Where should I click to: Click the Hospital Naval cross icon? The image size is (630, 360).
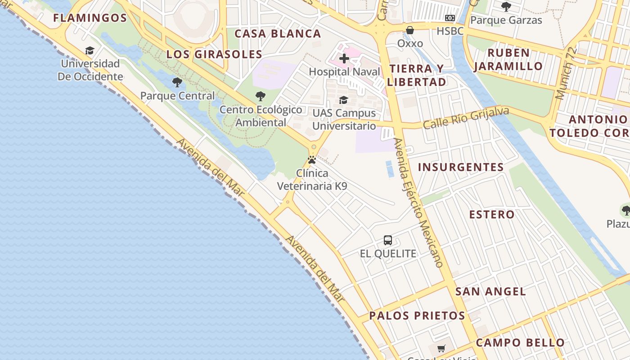[344, 58]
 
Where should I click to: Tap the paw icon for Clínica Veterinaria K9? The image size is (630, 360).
[312, 160]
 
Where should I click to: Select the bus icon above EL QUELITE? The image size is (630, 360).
[388, 240]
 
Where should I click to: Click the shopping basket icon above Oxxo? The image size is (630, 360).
[410, 30]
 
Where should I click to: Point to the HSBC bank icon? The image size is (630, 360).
[450, 18]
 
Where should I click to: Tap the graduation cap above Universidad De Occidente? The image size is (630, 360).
[90, 50]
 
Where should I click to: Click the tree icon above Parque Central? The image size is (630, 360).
[177, 82]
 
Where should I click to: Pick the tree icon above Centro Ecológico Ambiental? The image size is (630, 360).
[260, 96]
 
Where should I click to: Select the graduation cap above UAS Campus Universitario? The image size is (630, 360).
[344, 100]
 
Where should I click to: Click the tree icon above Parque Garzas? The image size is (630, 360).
[506, 7]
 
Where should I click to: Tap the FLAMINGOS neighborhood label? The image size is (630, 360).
[90, 18]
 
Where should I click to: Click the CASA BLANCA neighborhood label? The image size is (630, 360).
[278, 34]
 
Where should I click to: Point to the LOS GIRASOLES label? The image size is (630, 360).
[214, 54]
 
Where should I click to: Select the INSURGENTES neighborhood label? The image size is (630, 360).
[461, 167]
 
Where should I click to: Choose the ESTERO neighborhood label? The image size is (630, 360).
[492, 215]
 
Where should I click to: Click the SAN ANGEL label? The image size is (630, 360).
[490, 292]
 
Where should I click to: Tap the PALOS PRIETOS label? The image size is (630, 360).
[417, 316]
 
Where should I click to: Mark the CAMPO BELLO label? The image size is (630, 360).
[520, 343]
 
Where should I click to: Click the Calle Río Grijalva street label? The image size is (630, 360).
[466, 117]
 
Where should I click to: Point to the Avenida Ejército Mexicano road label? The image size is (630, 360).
[418, 202]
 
